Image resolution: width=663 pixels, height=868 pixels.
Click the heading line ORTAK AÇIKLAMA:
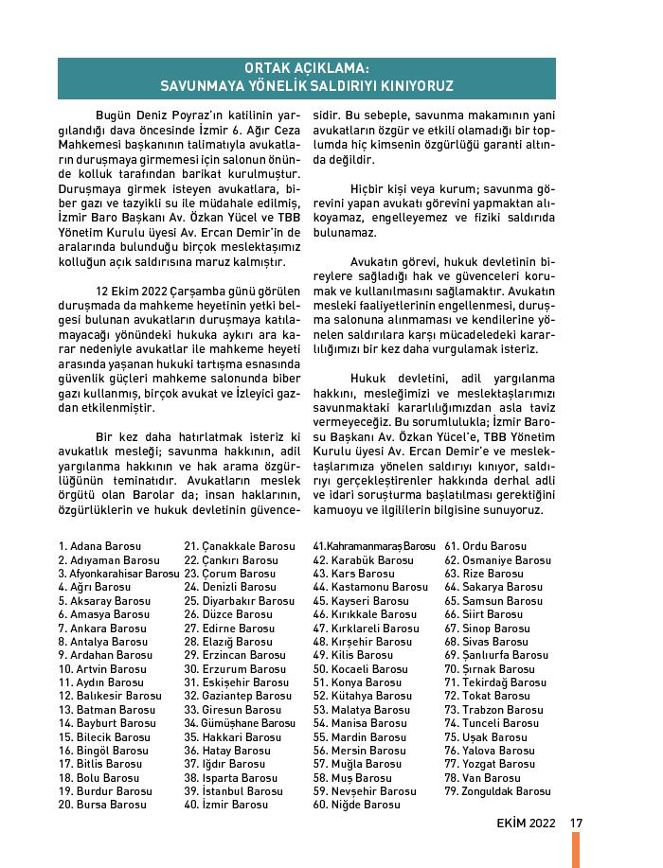click(307, 69)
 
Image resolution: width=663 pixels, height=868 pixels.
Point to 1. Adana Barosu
click(99, 546)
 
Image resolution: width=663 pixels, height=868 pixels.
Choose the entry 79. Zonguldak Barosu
click(497, 791)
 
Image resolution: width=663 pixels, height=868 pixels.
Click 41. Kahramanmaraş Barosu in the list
click(374, 546)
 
